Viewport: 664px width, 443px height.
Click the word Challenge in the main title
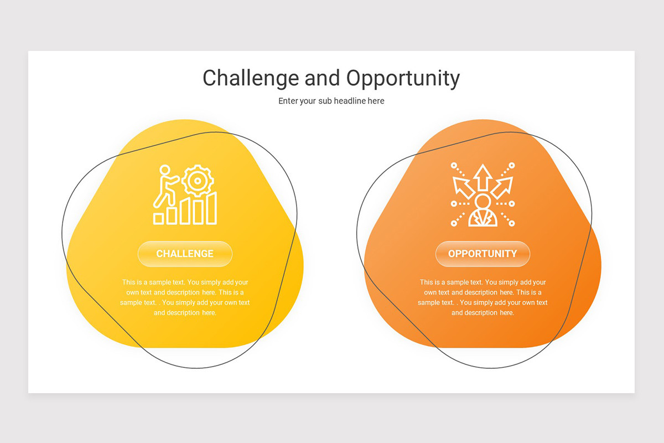[x=251, y=78]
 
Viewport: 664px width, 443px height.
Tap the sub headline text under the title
[x=331, y=101]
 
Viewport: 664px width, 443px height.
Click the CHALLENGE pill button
[x=185, y=254]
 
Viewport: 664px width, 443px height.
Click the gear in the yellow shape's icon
[x=198, y=180]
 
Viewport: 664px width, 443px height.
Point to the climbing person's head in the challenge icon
[x=164, y=170]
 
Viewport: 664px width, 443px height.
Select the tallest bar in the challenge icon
[x=211, y=208]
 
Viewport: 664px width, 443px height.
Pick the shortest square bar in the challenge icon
[x=159, y=218]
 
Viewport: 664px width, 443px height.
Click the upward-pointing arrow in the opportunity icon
[x=483, y=176]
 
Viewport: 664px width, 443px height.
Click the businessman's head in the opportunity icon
[x=483, y=201]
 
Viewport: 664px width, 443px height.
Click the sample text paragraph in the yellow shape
[x=185, y=297]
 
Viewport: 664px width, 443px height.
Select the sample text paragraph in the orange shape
[x=483, y=297]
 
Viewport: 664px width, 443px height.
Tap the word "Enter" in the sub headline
[x=288, y=101]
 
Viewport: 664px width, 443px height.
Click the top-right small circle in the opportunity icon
[x=512, y=165]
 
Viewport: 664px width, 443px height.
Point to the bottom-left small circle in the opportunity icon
[x=454, y=223]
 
